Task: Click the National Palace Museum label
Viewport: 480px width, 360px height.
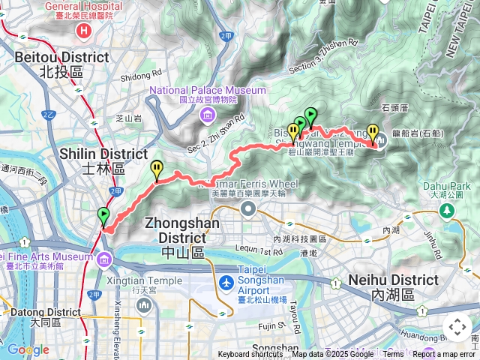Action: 208,90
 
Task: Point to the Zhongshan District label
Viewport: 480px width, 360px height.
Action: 183,230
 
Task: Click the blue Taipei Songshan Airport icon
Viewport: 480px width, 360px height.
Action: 226,284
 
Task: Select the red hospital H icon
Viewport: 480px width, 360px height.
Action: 84,31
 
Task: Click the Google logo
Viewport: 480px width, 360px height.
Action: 28,349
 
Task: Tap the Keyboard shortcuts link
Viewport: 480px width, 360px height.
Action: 250,355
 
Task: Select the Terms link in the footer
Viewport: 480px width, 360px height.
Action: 393,355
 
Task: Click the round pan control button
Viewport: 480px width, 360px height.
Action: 457,328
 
